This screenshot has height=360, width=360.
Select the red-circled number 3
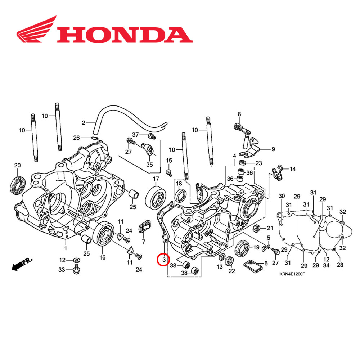[x=163, y=259]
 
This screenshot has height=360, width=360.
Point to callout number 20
[x=17, y=165]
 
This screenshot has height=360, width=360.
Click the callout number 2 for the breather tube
[x=83, y=122]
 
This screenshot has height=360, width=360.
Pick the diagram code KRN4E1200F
[x=292, y=274]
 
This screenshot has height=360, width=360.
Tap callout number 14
[x=292, y=169]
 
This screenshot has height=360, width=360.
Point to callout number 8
[x=238, y=114]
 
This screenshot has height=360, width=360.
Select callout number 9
[x=273, y=149]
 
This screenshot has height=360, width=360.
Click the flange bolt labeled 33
[x=76, y=269]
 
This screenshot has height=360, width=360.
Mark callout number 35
[x=149, y=165]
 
